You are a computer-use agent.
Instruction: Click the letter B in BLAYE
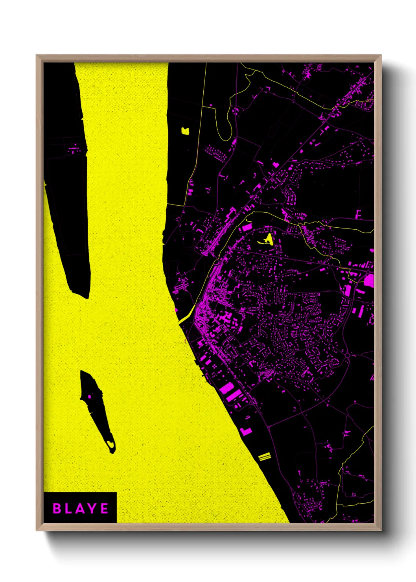pos(57,508)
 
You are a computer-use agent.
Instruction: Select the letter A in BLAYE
pos(80,508)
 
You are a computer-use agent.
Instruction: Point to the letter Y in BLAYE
pos(93,508)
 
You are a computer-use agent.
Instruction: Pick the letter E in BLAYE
pos(105,508)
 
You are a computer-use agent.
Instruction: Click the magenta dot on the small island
pos(90,396)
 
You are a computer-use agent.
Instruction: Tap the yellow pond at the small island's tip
pos(111,444)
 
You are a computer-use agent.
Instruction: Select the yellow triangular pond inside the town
pos(269,238)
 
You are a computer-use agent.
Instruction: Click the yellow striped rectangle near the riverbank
pos(265,456)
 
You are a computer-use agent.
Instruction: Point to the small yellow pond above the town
pos(185,131)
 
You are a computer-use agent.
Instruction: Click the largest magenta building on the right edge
pos(369,280)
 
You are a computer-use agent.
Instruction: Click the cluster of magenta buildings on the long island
pos(74,150)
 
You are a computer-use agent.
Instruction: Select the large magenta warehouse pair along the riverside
pos(231,391)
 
